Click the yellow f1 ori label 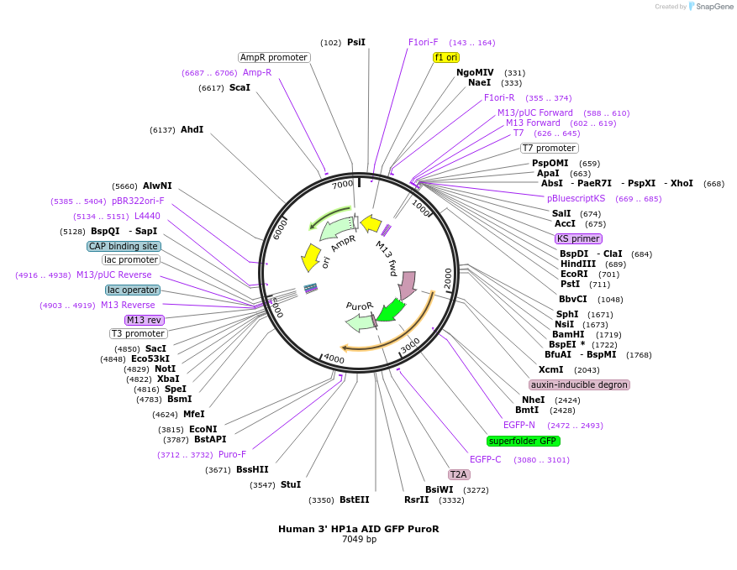coord(445,57)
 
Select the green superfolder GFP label coord(523,441)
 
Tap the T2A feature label coord(458,474)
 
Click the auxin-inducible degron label coord(579,384)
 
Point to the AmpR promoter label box coord(274,57)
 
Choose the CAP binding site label coord(124,246)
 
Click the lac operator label coord(132,290)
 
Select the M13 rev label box coord(144,320)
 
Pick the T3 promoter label coord(139,333)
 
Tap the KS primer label coord(578,238)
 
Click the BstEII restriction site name coord(354,500)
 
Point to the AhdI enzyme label coord(192,129)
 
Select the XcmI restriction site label coord(551,369)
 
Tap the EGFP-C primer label coord(486,459)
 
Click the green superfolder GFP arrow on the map coord(389,311)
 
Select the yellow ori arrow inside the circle coord(311,257)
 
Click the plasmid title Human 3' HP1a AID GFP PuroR coord(359,529)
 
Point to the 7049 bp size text coord(359,539)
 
